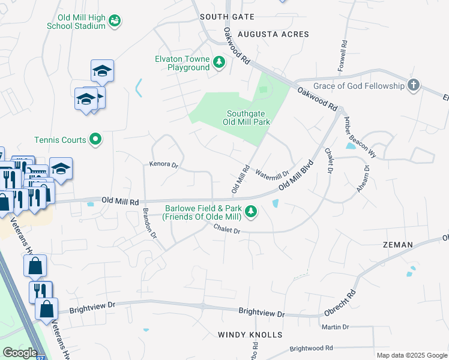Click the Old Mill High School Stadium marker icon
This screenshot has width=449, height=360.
point(115,22)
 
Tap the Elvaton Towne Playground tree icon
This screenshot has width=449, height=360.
point(219,62)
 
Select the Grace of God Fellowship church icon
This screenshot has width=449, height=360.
point(413,86)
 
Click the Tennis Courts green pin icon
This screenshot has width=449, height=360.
point(95,140)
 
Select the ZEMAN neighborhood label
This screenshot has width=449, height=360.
point(397,245)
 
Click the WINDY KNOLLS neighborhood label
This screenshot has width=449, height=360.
point(249,334)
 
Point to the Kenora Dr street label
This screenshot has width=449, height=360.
point(164,164)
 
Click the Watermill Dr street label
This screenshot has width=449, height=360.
point(272,175)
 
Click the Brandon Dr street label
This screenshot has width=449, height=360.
point(149,224)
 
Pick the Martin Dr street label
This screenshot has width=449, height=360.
point(335,327)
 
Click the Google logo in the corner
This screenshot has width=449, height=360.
point(19,353)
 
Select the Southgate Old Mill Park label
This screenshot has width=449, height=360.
point(246,118)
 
